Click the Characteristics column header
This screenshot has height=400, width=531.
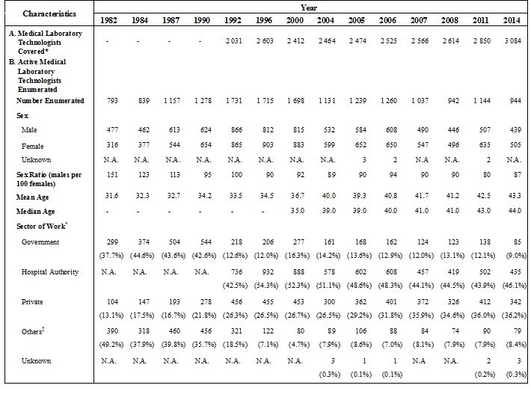point(50,13)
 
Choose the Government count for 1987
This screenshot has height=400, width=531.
point(171,242)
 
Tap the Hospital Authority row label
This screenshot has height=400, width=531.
point(50,272)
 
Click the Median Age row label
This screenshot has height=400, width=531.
point(35,212)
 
